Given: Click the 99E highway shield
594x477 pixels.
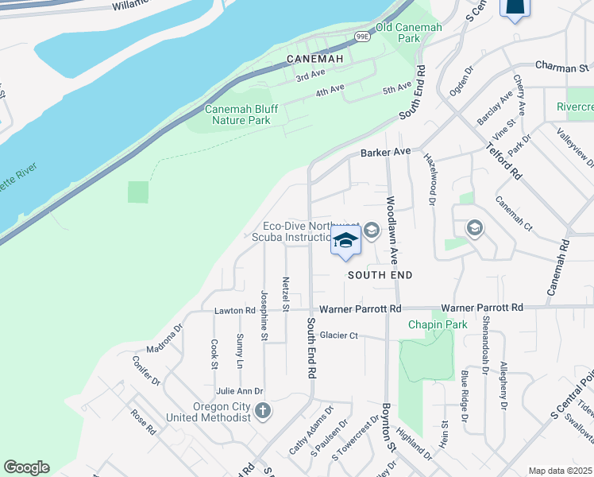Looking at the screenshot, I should pos(362,37).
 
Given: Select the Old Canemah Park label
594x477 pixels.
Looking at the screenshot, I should pos(408,33).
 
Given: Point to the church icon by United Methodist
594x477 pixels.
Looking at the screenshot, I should pos(263,411).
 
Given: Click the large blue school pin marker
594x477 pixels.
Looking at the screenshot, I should pos(345,241).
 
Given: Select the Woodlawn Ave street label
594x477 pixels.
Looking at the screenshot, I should pos(392,231).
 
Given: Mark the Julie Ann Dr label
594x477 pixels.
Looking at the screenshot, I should pos(239,391).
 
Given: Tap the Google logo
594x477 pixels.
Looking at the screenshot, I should pos(26,467).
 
